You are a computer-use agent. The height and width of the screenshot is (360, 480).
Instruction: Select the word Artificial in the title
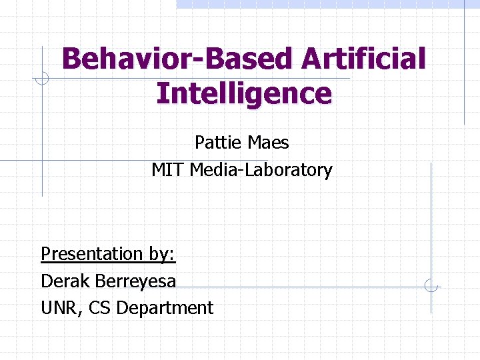pyautogui.click(x=363, y=59)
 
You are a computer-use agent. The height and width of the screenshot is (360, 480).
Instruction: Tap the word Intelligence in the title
pyautogui.click(x=243, y=93)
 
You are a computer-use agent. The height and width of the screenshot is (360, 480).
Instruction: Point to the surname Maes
pyautogui.click(x=267, y=142)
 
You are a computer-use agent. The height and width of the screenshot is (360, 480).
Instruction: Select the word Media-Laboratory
pyautogui.click(x=261, y=170)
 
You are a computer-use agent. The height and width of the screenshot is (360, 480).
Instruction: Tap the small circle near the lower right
pyautogui.click(x=431, y=287)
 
